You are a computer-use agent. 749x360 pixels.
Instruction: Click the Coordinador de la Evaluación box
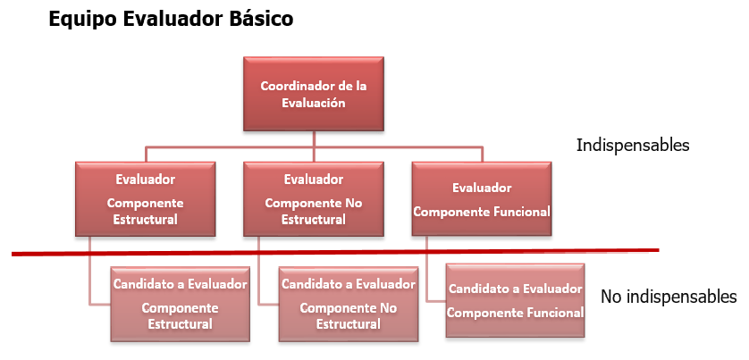tap(314, 94)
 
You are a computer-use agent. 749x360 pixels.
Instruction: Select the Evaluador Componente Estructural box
tap(145, 198)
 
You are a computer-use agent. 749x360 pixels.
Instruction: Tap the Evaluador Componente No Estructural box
tap(314, 198)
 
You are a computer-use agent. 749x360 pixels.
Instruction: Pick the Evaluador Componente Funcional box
tap(482, 198)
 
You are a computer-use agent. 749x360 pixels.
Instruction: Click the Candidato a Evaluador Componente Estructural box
tap(180, 304)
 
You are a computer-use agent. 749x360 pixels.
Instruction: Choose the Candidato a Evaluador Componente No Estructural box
tap(349, 304)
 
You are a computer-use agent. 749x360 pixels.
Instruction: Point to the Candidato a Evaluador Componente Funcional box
tap(516, 301)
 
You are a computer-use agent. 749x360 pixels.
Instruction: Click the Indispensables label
tap(633, 145)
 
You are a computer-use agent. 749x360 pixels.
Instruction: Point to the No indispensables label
tap(669, 297)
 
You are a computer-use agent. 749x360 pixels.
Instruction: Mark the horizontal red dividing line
tap(335, 252)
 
